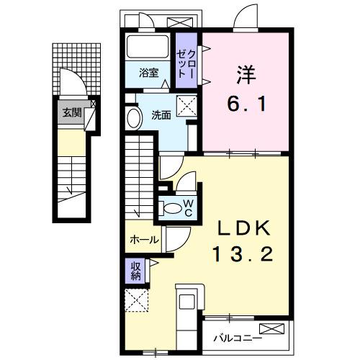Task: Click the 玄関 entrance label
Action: tap(71, 112)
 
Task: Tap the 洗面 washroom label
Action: tap(161, 114)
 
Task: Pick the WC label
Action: tap(187, 207)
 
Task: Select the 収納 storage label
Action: tap(135, 271)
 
